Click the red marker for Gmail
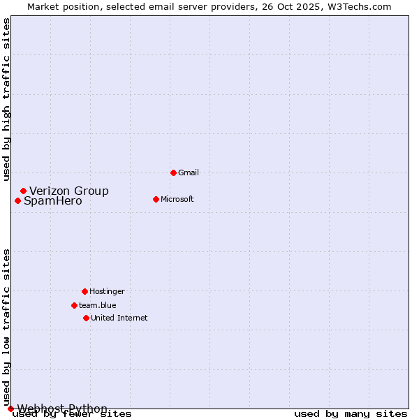[x=173, y=172]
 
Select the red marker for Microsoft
[x=156, y=199]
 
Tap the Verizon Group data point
[x=23, y=191]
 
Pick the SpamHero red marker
[x=17, y=200]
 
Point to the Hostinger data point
[x=84, y=291]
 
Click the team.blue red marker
[x=74, y=305]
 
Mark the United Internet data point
[x=86, y=318]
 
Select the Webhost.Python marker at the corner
[x=10, y=409]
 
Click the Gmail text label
[x=189, y=172]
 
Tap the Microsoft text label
[x=177, y=199]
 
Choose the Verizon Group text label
[x=69, y=191]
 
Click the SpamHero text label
[x=53, y=201]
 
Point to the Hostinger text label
[x=107, y=291]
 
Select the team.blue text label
[x=98, y=305]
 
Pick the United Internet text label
[x=119, y=318]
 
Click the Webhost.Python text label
[x=62, y=409]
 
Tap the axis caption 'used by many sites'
[x=351, y=414]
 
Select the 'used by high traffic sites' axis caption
[x=6, y=99]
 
